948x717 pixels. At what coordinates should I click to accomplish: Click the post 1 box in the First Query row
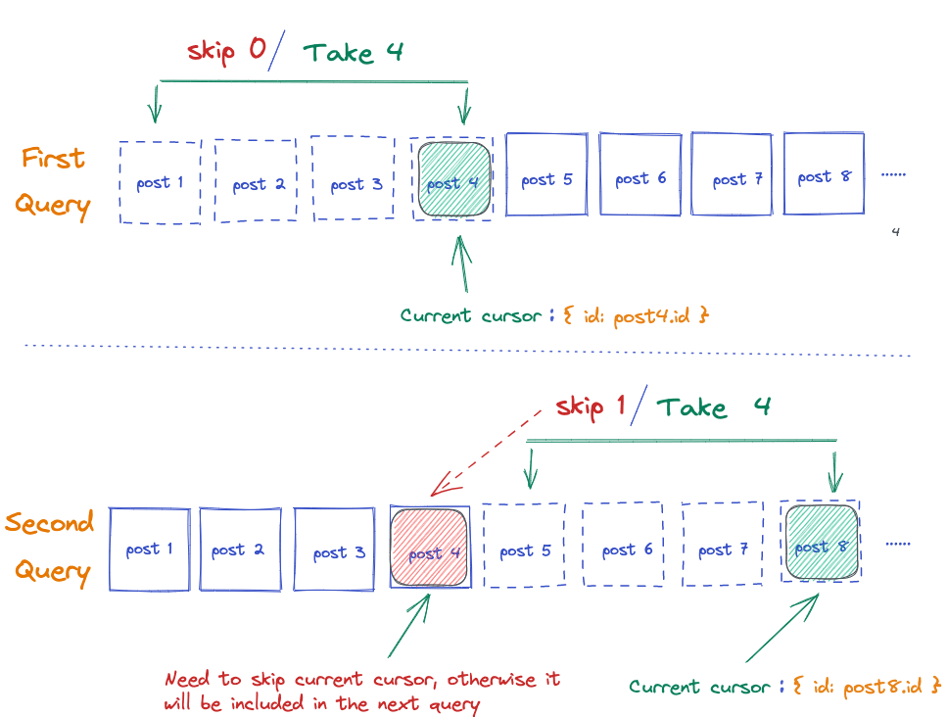click(160, 182)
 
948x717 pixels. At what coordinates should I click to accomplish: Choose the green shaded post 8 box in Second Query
click(821, 542)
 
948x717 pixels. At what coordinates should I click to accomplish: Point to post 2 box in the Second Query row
click(240, 549)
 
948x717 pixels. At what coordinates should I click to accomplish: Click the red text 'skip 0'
click(226, 50)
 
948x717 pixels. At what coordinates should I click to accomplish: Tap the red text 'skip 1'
click(590, 406)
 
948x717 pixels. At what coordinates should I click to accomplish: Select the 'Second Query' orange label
click(52, 547)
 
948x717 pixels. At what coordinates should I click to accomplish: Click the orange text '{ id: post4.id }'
click(636, 315)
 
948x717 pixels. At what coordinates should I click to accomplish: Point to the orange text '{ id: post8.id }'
click(866, 686)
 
